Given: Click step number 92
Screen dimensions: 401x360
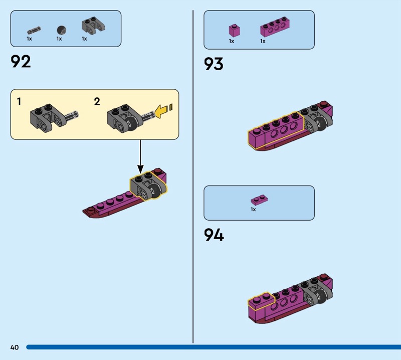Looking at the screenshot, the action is (21, 61).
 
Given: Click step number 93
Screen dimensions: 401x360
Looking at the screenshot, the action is (214, 64).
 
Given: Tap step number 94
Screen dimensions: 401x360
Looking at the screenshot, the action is (214, 235).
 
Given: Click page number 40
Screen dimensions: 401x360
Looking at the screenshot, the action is (15, 347).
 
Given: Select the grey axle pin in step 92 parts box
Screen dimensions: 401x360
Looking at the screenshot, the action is (34, 30).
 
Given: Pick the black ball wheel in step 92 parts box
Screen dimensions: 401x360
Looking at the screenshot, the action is (61, 30).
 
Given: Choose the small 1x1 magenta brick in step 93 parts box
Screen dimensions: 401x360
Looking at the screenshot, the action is (234, 31).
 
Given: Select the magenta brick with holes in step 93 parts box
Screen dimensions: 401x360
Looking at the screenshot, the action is (275, 27).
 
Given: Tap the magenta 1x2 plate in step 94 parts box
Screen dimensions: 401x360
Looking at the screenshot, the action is (259, 200).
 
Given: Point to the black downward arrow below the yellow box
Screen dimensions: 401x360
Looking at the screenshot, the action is (140, 156).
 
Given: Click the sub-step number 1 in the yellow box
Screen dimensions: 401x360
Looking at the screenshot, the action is (19, 102).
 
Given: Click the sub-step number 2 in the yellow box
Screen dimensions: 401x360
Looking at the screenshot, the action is (97, 102).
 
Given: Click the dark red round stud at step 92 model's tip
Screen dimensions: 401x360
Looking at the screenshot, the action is (90, 210).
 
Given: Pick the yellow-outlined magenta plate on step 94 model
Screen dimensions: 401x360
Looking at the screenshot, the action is (260, 301).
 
